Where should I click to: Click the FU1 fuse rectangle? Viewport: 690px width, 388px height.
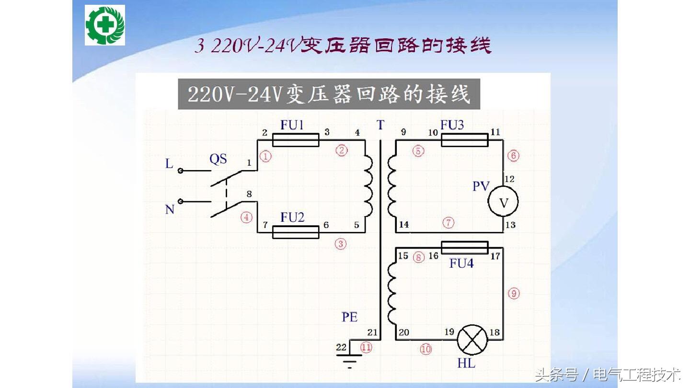click(295, 140)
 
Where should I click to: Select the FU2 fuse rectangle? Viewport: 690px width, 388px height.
click(295, 232)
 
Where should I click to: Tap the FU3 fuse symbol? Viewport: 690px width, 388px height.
click(464, 140)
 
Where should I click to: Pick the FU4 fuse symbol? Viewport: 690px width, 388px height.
click(464, 248)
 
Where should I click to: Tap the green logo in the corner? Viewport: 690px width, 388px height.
click(105, 25)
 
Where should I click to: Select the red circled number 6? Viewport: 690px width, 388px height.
click(513, 156)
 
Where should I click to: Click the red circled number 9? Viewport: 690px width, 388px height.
click(513, 293)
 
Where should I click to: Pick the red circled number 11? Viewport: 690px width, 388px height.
click(366, 348)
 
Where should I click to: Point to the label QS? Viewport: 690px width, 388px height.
click(218, 159)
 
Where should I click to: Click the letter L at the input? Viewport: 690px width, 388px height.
click(169, 164)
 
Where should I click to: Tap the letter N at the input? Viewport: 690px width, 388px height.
click(170, 209)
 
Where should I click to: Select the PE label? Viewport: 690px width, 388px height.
click(349, 317)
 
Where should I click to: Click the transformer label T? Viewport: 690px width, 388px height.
click(380, 126)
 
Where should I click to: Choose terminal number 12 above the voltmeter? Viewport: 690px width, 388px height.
click(509, 179)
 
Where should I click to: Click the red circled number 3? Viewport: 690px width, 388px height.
click(340, 244)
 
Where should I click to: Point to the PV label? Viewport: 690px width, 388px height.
click(481, 186)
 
